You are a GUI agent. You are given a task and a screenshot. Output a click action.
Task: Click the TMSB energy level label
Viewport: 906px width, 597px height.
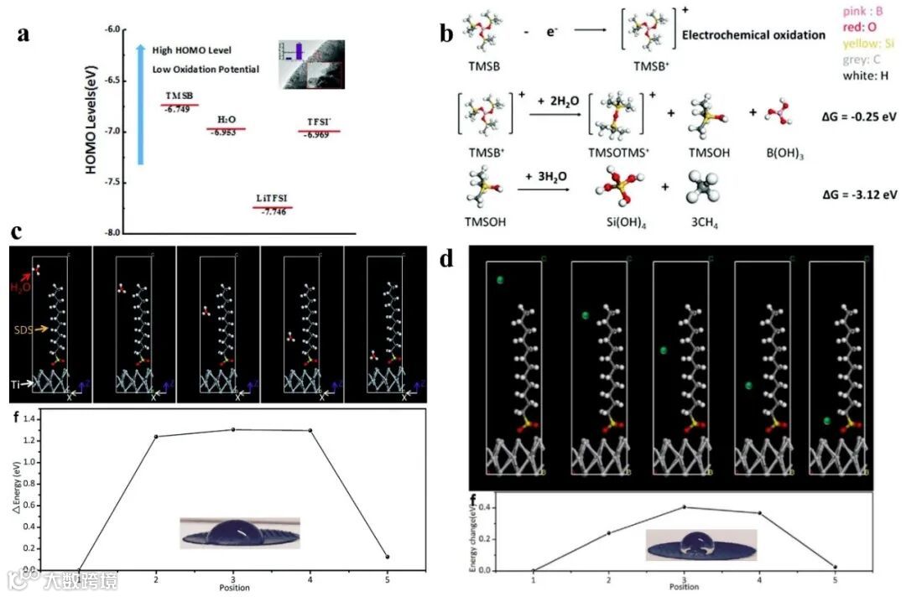178,96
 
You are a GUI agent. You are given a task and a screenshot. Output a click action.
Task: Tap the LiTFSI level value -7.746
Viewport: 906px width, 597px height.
273,213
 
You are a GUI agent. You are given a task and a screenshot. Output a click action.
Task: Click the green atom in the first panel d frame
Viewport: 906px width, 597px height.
499,280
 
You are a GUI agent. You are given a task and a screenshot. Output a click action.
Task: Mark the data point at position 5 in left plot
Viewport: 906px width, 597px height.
386,557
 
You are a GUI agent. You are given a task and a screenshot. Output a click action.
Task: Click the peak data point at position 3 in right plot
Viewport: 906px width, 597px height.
685,506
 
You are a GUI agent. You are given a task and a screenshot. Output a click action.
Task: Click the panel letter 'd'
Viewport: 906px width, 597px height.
446,257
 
